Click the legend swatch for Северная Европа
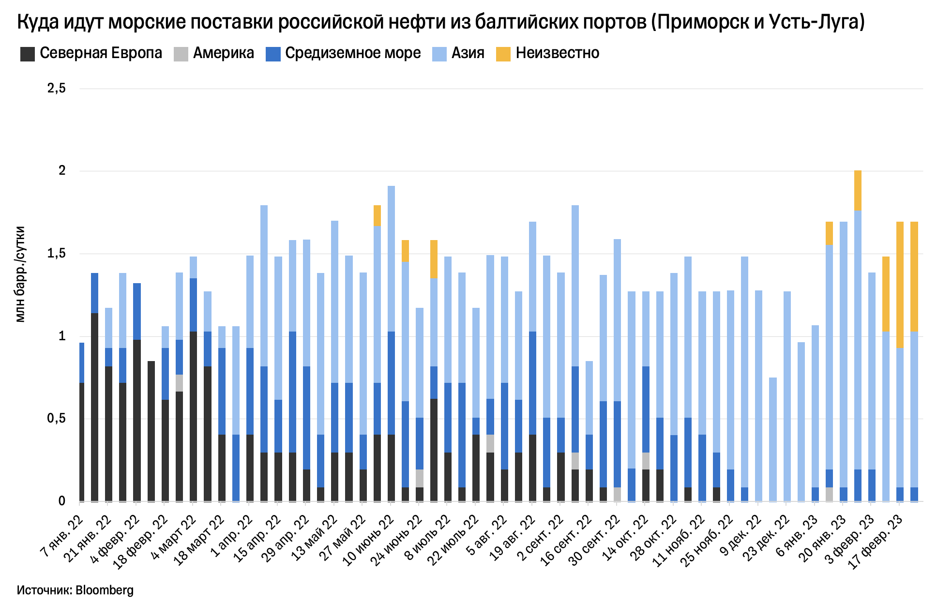(28, 54)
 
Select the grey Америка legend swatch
(181, 54)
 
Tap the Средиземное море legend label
(353, 53)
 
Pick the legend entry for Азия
(468, 53)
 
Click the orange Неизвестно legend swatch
(503, 54)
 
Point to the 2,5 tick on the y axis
(56, 89)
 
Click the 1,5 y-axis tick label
(56, 254)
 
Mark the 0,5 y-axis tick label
(56, 419)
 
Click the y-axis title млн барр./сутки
(20, 274)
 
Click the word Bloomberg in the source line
(105, 590)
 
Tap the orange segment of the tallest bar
(858, 191)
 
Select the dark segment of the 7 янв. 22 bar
(82, 441)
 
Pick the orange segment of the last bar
(914, 276)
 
